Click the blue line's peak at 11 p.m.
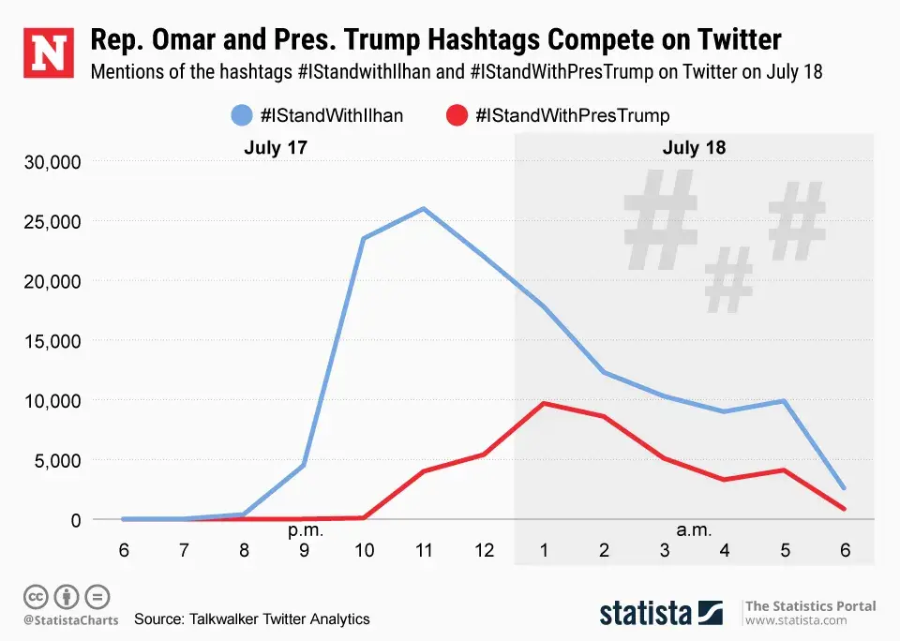(x=424, y=209)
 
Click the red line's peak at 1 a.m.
(x=545, y=403)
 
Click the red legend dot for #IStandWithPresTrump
(x=457, y=115)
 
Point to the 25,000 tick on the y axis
(x=52, y=221)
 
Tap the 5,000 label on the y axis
(x=57, y=460)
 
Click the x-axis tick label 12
(x=484, y=551)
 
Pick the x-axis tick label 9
(x=304, y=551)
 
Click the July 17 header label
(x=276, y=147)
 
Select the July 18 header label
(x=694, y=147)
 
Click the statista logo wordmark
(x=647, y=613)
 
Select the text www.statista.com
(x=796, y=620)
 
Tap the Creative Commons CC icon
(x=36, y=596)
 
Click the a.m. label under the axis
(x=694, y=530)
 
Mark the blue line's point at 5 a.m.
(x=785, y=401)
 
